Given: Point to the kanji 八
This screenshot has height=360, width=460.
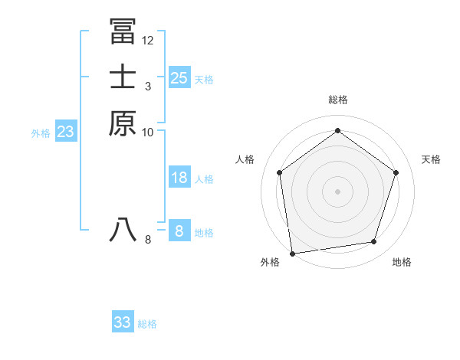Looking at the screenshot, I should (x=123, y=229).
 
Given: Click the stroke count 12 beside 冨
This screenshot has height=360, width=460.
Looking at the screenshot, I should (x=148, y=40).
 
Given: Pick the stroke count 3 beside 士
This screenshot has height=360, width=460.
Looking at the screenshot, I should (x=148, y=86).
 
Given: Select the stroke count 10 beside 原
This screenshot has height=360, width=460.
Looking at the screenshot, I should (x=148, y=132).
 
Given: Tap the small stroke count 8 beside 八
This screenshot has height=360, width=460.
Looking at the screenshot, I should (x=148, y=240).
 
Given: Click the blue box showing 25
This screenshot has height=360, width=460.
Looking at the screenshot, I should (x=179, y=77).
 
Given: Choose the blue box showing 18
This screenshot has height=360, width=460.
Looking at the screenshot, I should (x=179, y=178).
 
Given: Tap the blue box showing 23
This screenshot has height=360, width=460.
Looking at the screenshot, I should (x=65, y=132).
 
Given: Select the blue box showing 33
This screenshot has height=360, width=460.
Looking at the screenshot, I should (x=123, y=322).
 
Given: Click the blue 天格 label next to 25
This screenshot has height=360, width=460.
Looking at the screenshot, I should (x=204, y=80).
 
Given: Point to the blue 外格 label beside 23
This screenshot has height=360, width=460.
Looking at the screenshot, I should (x=41, y=133).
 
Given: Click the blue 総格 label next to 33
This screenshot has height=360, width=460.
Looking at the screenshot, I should (x=147, y=325).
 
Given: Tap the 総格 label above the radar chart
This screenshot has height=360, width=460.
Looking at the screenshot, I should (x=338, y=100).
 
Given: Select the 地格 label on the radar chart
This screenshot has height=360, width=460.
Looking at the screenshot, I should (x=402, y=263).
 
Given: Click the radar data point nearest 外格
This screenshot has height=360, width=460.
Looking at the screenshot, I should (x=292, y=253).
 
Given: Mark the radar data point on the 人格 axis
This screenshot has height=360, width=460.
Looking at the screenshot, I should (x=279, y=172).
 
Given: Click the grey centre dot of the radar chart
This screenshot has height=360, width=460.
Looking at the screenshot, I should (x=338, y=191).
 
